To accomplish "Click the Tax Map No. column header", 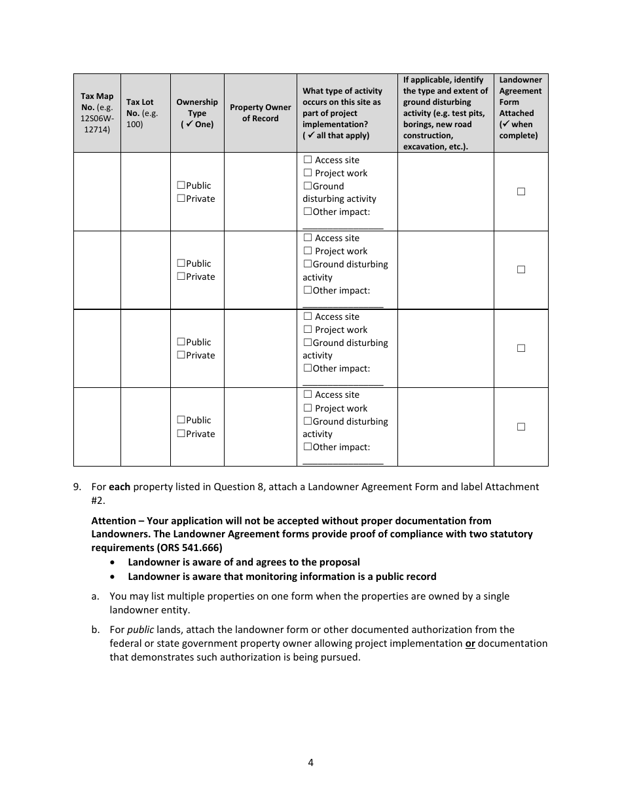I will (x=97, y=113).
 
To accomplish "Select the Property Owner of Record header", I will (x=261, y=113).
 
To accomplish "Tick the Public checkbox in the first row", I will (x=181, y=185).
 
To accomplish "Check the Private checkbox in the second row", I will (x=181, y=277).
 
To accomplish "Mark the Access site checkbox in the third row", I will (x=308, y=317).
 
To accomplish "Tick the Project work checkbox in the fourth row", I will (x=308, y=408).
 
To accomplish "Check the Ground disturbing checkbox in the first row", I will (x=307, y=186).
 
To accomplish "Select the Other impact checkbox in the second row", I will (x=307, y=290).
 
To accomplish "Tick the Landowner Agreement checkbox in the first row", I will (x=521, y=191).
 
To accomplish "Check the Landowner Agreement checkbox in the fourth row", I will (x=521, y=427).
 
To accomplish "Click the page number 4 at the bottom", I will (x=311, y=762).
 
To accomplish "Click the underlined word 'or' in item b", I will (x=470, y=643).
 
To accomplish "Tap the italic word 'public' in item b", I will (x=140, y=630).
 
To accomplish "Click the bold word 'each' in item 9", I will (x=119, y=487).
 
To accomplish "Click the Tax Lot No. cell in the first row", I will (x=145, y=191).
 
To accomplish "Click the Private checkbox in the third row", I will (x=181, y=355).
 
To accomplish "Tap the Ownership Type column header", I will (x=197, y=113).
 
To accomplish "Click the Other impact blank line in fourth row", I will (x=343, y=461).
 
